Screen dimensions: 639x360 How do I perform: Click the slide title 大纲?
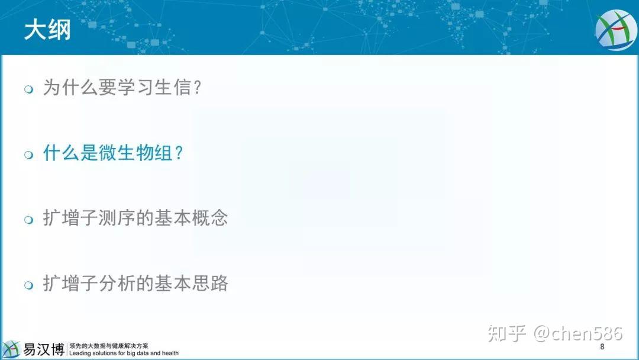point(47,30)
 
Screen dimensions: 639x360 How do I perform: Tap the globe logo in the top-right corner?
point(617,30)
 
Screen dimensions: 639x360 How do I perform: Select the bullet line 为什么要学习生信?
point(122,87)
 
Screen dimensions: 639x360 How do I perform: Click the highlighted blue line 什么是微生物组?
point(113,153)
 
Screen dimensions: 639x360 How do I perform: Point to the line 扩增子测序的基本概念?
point(135,218)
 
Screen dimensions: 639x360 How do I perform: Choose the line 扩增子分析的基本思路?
point(135,284)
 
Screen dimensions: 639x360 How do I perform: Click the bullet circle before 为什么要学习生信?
point(28,89)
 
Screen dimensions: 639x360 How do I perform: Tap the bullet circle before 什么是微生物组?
point(28,155)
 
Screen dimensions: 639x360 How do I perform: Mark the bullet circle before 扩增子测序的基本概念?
point(28,220)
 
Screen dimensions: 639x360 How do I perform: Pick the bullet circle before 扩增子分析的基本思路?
point(28,285)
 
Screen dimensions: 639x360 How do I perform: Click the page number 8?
point(602,346)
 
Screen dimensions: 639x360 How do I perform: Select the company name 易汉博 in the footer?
point(44,349)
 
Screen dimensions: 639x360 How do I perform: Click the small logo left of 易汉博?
point(11,349)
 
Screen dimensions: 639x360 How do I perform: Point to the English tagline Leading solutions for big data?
point(124,353)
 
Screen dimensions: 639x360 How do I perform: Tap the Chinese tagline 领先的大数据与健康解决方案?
point(109,346)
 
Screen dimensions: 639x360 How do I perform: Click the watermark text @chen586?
point(578,333)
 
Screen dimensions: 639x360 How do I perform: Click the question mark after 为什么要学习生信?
point(197,87)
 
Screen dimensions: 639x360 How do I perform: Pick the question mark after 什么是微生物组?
point(179,153)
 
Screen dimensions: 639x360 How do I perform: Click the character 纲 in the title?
point(60,30)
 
